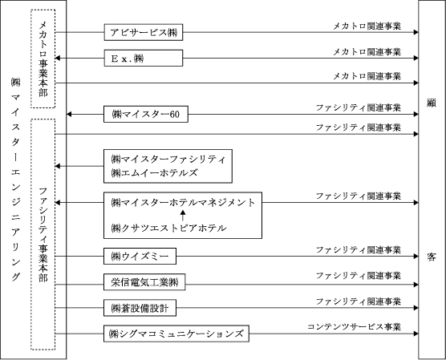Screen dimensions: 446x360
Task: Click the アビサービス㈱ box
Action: click(144, 32)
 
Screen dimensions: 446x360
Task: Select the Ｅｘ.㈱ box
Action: click(144, 58)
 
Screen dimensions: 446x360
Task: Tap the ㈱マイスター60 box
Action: click(146, 114)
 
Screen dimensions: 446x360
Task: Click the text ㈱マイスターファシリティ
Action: click(168, 160)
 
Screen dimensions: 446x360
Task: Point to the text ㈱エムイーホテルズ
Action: click(154, 172)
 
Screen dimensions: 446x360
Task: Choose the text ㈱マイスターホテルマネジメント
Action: click(183, 203)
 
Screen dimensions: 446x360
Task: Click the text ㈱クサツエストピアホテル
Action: click(168, 228)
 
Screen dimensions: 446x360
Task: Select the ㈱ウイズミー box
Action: click(140, 257)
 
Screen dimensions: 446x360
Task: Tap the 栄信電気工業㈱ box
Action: click(144, 282)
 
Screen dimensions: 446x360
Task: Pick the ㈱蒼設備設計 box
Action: click(140, 308)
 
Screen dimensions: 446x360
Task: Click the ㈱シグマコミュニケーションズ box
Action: click(176, 334)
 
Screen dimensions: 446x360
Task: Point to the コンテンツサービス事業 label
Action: click(354, 327)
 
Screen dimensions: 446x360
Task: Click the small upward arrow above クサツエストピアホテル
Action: click(183, 216)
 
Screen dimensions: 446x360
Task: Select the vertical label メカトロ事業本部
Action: click(43, 59)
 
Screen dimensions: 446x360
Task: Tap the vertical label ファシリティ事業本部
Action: click(43, 235)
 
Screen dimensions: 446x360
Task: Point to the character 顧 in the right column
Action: click(432, 103)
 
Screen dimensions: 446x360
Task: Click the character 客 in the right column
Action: click(432, 257)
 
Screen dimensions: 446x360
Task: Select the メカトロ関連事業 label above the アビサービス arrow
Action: click(367, 26)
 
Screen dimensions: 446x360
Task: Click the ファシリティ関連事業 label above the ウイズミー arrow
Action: click(359, 250)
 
